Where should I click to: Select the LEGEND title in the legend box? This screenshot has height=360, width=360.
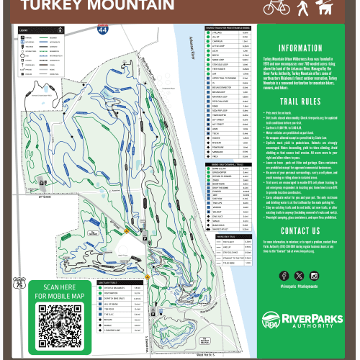pyautogui.click(x=24, y=31)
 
